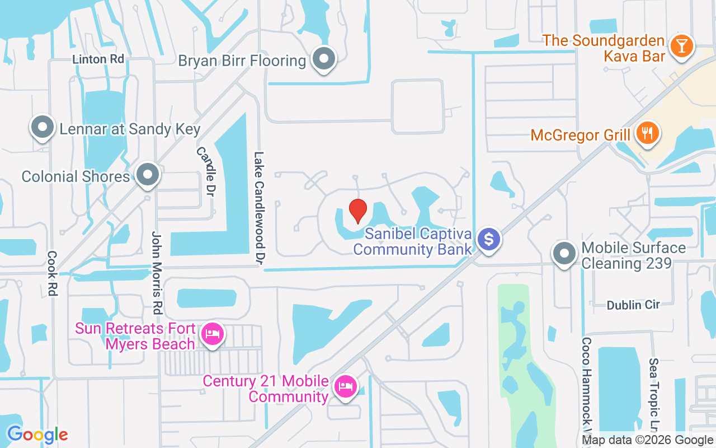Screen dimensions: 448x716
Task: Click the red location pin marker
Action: [357, 211]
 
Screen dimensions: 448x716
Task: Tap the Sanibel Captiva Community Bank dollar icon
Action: [489, 240]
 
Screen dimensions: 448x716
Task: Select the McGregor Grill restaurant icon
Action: [648, 133]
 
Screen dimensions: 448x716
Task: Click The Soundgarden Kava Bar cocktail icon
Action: [681, 46]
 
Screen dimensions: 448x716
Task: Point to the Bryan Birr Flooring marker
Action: [323, 59]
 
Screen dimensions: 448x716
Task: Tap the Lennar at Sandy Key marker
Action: [43, 127]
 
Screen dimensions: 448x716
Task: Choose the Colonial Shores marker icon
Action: [148, 175]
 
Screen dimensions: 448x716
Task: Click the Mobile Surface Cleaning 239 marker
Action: [564, 254]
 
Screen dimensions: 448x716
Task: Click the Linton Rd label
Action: [98, 59]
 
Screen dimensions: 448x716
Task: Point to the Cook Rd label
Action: [53, 273]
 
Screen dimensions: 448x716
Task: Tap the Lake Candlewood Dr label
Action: [259, 208]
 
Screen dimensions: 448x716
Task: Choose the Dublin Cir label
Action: [633, 305]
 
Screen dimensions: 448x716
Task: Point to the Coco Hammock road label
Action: [586, 386]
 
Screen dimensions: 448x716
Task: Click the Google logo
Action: [37, 435]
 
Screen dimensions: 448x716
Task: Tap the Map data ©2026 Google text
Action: [648, 440]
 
